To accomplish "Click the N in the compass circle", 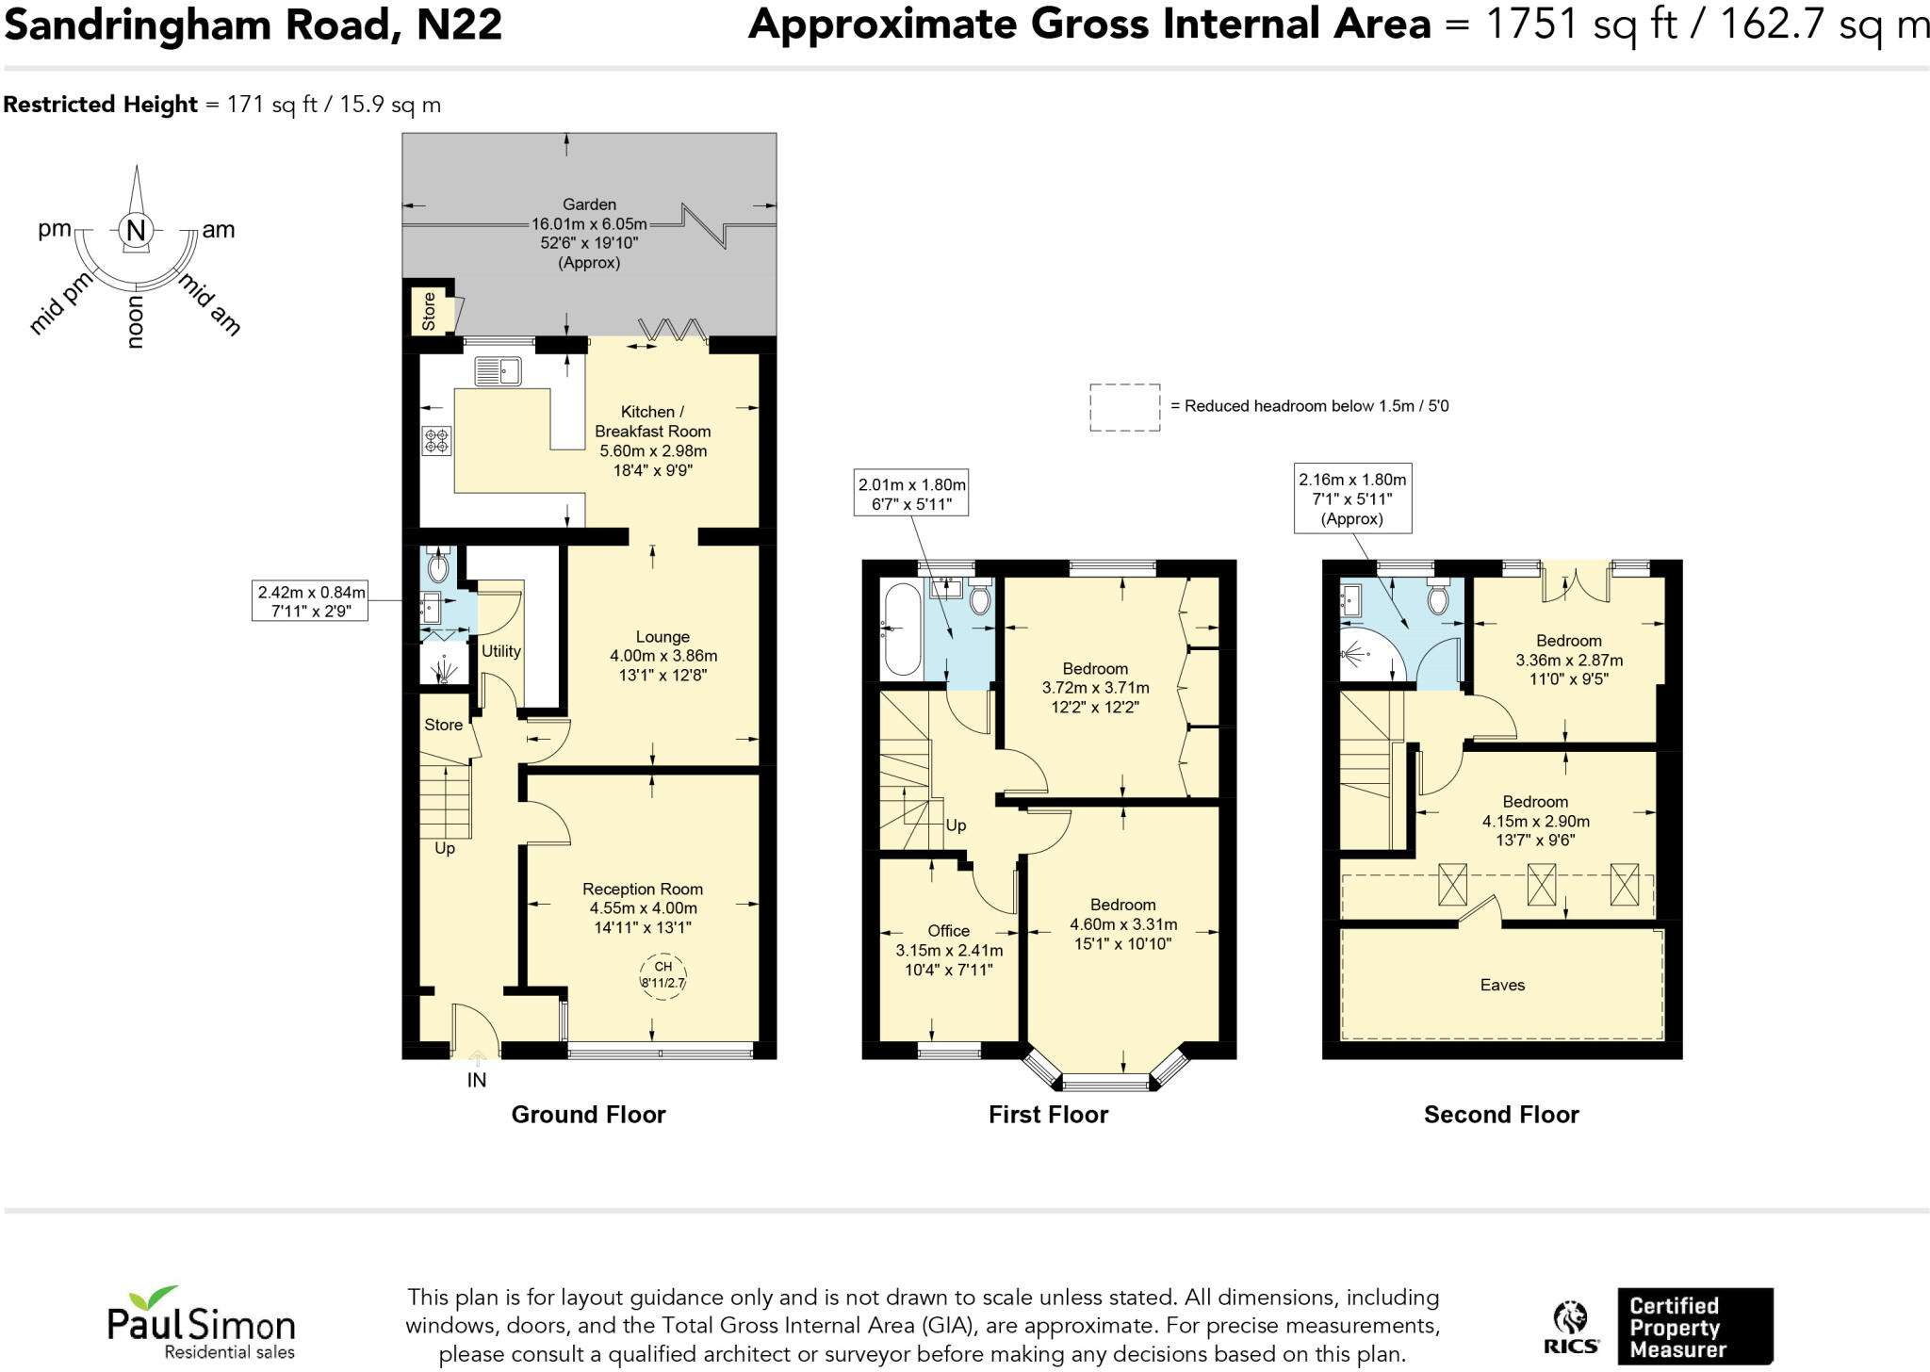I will [136, 230].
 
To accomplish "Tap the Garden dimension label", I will [589, 233].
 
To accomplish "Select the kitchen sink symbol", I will [498, 371].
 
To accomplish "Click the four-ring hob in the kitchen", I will [436, 439].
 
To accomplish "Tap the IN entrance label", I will [477, 1080].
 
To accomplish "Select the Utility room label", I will [500, 651].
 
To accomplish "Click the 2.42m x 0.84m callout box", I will [310, 601].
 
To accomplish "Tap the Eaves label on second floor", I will [1501, 985].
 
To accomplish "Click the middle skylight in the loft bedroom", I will [1541, 884].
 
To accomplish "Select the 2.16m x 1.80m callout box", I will [1351, 498].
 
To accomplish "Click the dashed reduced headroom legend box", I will [1124, 407].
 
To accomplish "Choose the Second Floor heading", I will [1500, 1115].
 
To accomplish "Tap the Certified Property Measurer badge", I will [1694, 1326].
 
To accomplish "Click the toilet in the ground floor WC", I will [438, 565].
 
